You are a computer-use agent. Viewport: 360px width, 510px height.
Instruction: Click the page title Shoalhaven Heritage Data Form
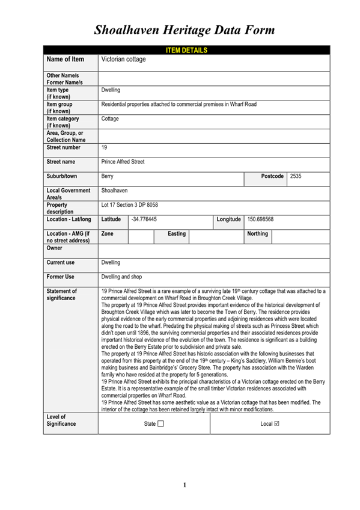[185, 29]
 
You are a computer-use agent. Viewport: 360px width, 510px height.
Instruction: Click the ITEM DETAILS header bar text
[186, 50]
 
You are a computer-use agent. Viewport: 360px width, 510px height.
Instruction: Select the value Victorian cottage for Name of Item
[124, 60]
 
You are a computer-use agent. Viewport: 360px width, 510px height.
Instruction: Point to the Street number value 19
[105, 147]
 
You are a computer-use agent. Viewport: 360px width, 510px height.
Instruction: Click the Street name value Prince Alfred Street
[123, 162]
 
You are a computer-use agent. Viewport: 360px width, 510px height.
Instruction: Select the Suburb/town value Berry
[108, 177]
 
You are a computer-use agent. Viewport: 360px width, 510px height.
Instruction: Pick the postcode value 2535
[296, 176]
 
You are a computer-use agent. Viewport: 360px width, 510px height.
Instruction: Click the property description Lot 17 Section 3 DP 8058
[130, 205]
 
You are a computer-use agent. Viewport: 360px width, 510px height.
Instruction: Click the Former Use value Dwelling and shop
[124, 277]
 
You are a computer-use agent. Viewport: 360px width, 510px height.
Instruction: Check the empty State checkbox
[160, 424]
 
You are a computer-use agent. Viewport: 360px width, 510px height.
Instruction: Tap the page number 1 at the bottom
[185, 485]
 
